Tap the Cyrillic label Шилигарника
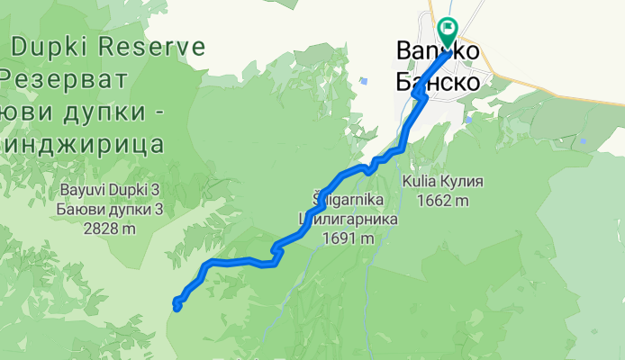point(348,219)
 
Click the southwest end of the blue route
point(177,308)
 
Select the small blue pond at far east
point(583,140)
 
